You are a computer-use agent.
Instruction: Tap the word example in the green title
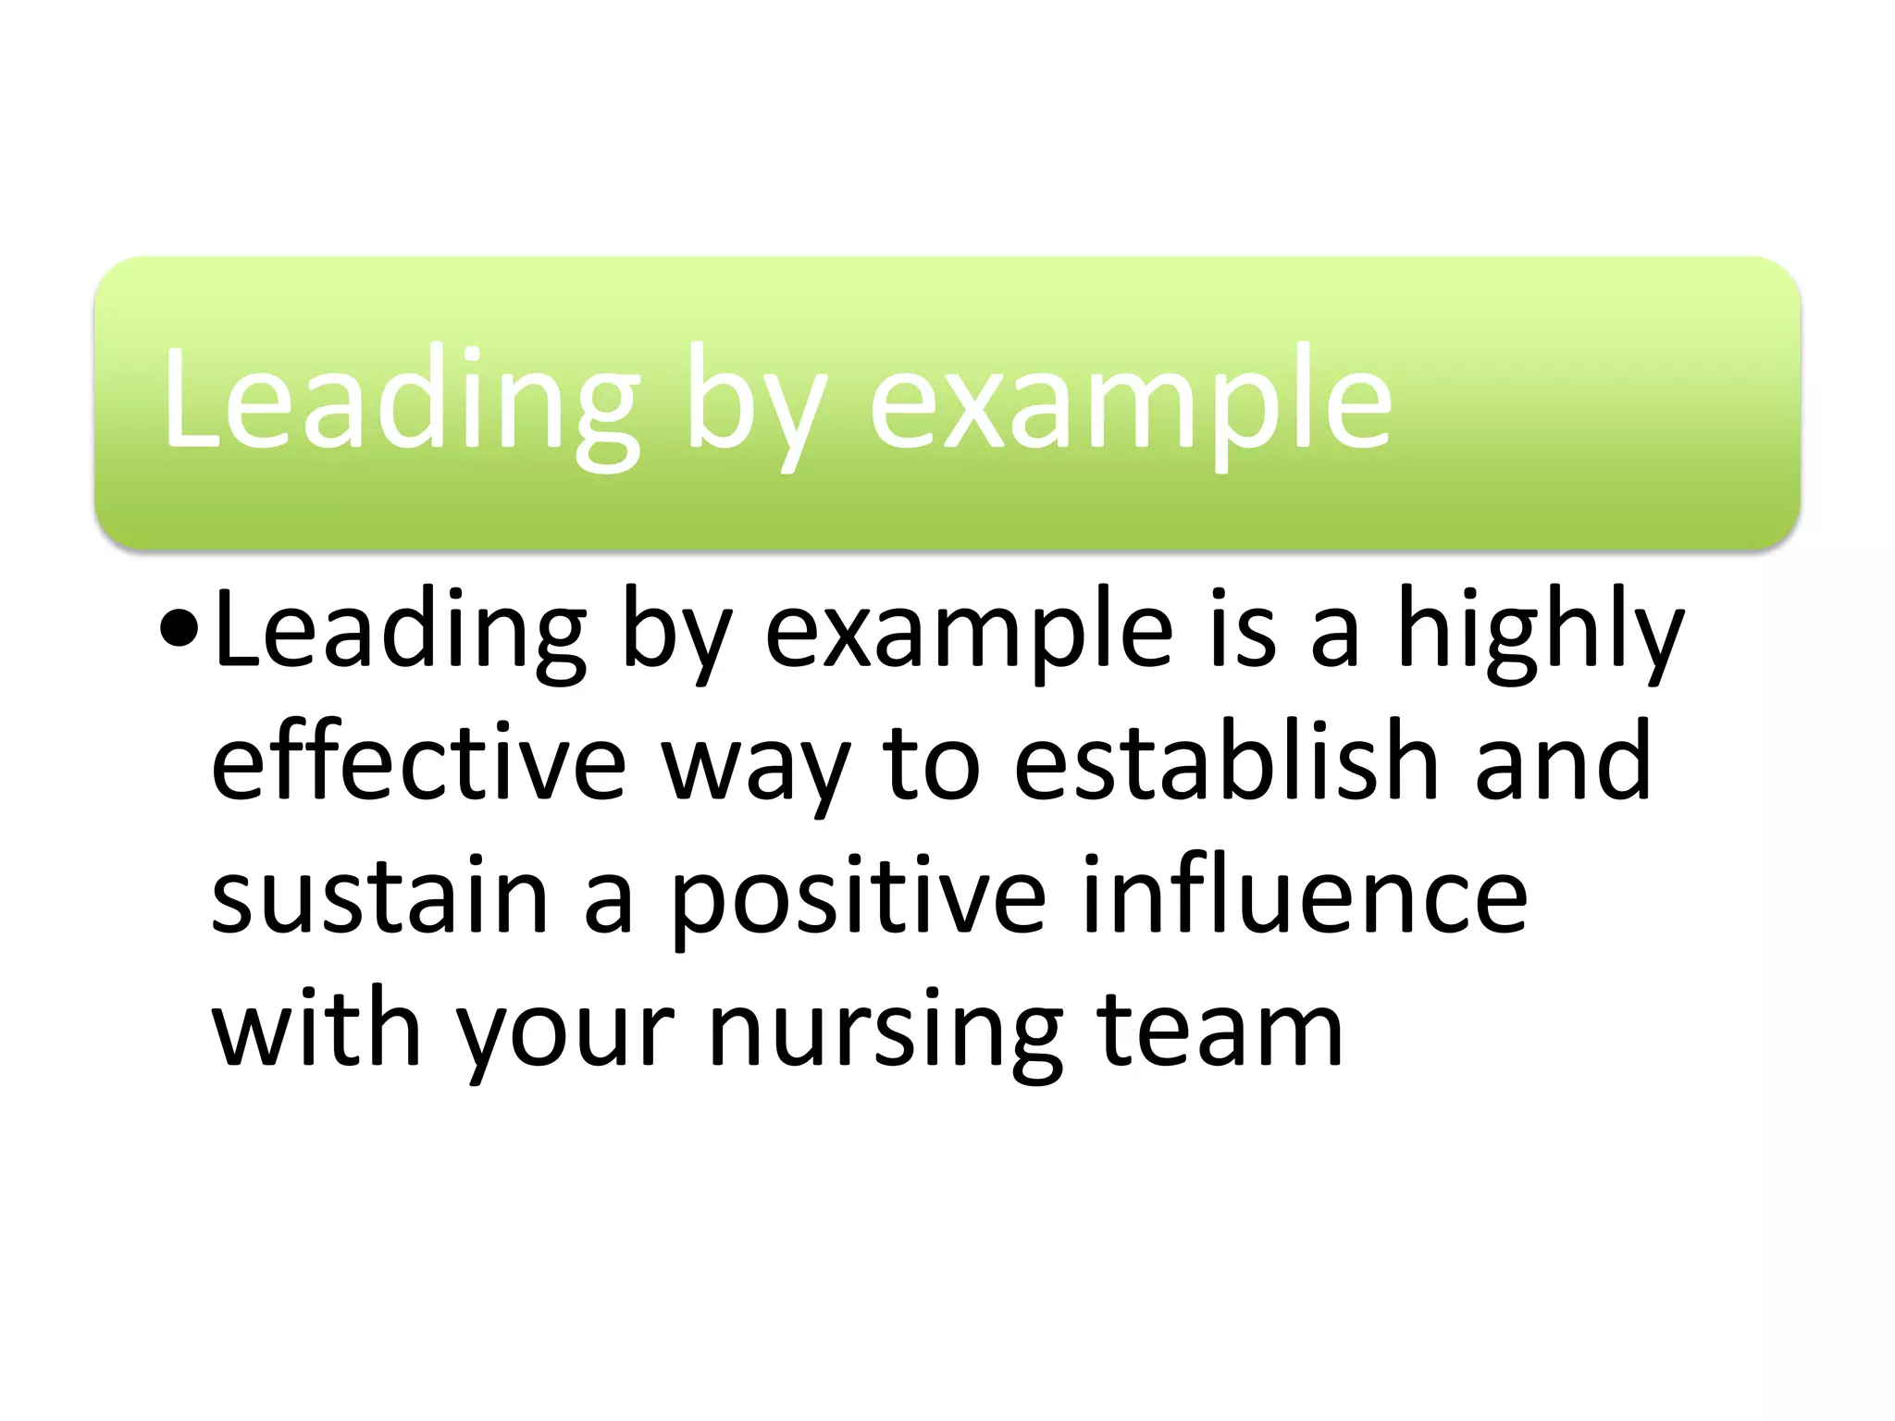click(1130, 407)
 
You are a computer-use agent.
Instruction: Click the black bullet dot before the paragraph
click(179, 631)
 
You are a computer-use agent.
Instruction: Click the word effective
click(418, 762)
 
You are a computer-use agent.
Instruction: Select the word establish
click(1226, 762)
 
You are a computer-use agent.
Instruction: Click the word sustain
click(380, 896)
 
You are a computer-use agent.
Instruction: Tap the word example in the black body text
click(969, 636)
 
